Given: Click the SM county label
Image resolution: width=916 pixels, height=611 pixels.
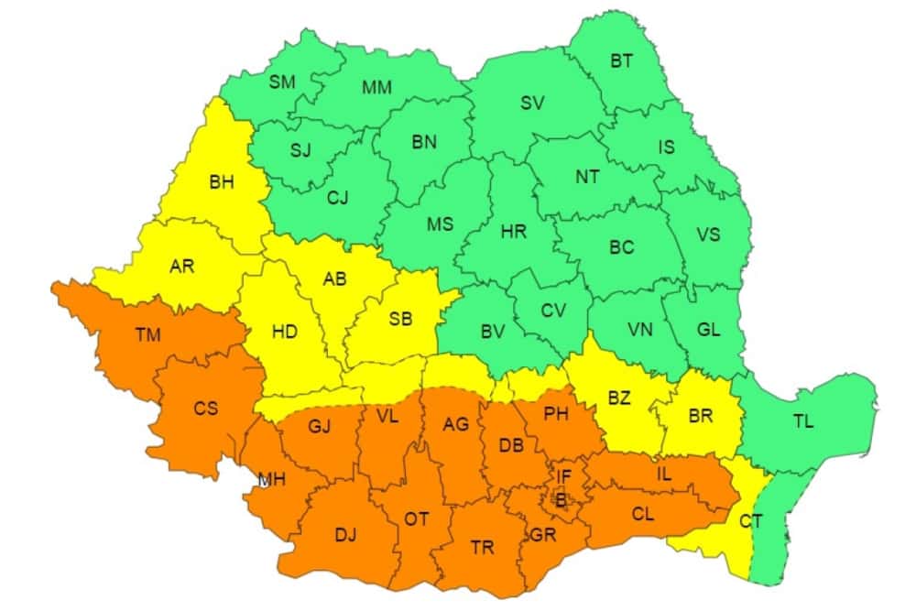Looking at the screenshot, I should tap(282, 82).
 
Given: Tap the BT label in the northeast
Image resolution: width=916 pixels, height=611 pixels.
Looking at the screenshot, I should tap(621, 61).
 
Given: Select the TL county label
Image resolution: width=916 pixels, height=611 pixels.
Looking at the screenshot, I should tap(802, 421).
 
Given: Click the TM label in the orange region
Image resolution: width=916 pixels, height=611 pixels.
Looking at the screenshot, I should tap(147, 334).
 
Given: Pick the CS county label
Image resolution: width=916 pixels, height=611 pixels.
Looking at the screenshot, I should tap(205, 408).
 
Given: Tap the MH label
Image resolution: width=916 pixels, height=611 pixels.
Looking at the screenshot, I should tap(271, 479).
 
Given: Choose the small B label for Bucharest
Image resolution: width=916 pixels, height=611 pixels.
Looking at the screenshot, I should tap(561, 499).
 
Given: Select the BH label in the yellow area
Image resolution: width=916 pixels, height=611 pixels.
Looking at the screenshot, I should tap(222, 182).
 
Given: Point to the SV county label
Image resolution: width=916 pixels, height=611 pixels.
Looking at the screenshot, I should tap(532, 103).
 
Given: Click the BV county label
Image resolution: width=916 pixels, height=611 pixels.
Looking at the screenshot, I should tap(493, 333).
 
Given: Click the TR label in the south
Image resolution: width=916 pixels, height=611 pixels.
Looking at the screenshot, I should tap(482, 548).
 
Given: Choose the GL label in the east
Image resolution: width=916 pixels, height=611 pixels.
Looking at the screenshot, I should tap(707, 331).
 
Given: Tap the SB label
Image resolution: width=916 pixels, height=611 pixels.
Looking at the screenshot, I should tap(400, 319).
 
